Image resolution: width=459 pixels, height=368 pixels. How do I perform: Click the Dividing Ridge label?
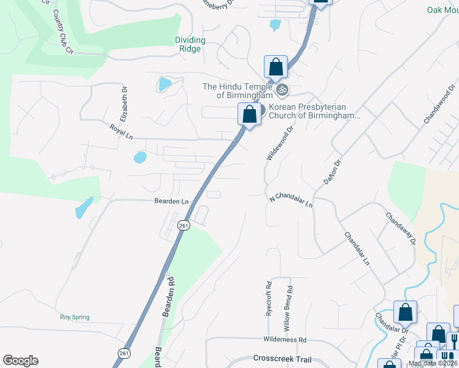point(190,44)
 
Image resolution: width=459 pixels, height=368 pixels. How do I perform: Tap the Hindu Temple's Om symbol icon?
point(282,90)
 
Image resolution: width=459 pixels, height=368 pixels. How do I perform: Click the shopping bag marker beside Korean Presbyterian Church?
point(249,114)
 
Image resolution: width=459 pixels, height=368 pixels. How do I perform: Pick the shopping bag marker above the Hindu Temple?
point(276,67)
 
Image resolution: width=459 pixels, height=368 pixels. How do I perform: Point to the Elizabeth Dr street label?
point(125,98)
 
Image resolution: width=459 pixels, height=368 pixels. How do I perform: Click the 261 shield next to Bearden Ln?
point(183,225)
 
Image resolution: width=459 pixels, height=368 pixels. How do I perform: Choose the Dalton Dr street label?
point(331,168)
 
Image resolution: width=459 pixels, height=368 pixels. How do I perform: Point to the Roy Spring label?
point(75,317)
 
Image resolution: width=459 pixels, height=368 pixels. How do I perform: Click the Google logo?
point(20,361)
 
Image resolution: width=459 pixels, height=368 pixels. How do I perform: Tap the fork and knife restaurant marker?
point(455,339)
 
